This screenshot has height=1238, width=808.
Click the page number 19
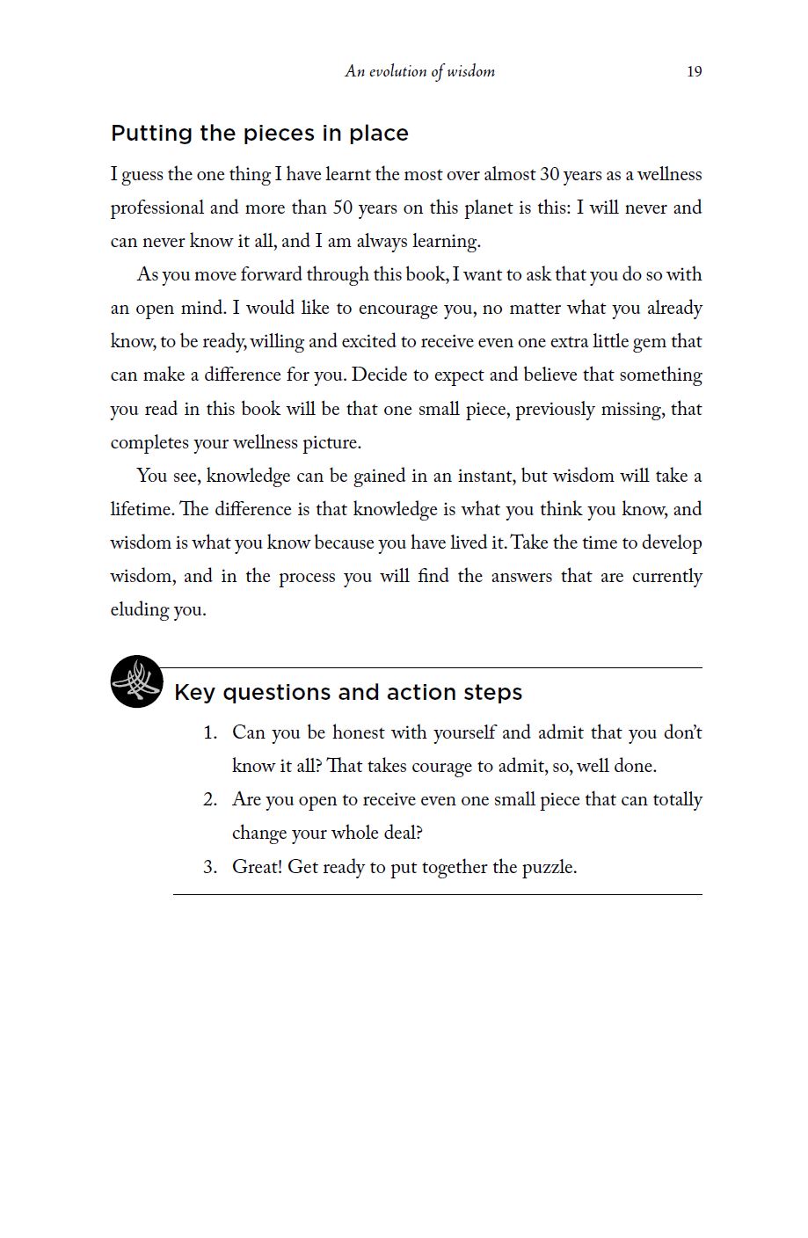694,71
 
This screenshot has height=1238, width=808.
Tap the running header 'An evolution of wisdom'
419,71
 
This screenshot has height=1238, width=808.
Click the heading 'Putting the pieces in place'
259,134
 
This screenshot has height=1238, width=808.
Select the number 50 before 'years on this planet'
342,208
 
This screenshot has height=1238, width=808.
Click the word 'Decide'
379,375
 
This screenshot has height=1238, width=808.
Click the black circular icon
136,681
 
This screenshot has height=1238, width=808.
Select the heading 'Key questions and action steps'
348,693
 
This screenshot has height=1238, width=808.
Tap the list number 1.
209,733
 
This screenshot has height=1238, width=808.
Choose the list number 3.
209,868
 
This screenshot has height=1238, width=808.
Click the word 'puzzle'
548,868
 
